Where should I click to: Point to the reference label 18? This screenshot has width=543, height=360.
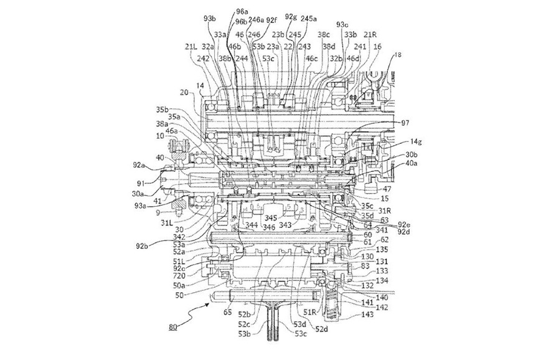398,55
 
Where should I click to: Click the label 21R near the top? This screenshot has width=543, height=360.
370,34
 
